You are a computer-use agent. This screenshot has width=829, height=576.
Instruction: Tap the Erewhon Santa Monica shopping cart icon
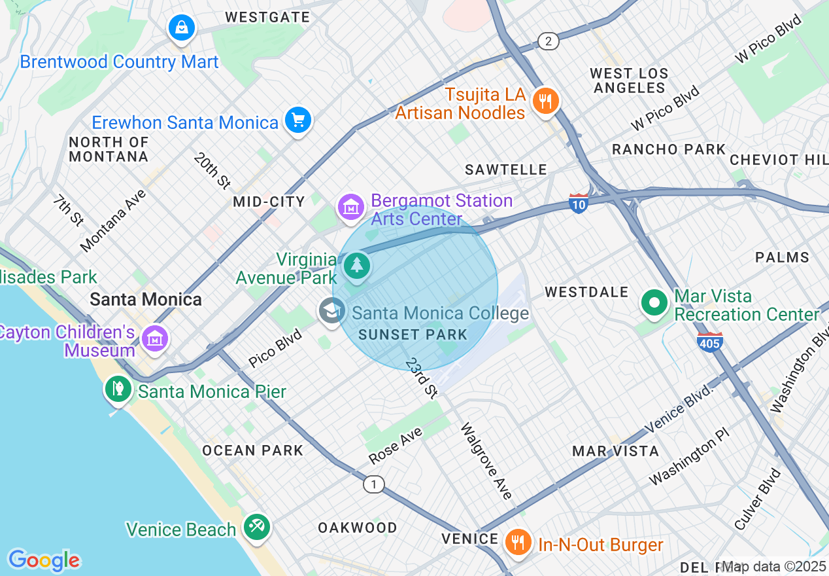pyautogui.click(x=298, y=120)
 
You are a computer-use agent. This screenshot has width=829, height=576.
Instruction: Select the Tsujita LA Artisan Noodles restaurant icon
pyautogui.click(x=544, y=101)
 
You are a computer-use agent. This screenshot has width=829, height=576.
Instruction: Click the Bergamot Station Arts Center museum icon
pyautogui.click(x=351, y=207)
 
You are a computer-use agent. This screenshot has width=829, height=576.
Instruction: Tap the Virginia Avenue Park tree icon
pyautogui.click(x=357, y=266)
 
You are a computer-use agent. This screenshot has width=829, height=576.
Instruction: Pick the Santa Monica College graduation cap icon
pyautogui.click(x=332, y=311)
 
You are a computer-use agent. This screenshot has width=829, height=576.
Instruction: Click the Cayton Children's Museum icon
pyautogui.click(x=155, y=338)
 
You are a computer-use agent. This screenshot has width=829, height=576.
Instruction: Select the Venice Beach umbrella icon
pyautogui.click(x=256, y=526)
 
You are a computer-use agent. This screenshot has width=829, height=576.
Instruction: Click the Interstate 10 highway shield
pyautogui.click(x=579, y=203)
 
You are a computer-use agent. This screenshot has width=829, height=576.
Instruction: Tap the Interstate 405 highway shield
pyautogui.click(x=710, y=342)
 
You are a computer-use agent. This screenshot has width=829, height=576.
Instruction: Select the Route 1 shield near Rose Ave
pyautogui.click(x=374, y=484)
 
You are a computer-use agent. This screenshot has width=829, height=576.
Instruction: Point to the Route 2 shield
pyautogui.click(x=549, y=42)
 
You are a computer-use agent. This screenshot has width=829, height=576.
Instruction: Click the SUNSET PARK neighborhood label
pyautogui.click(x=413, y=334)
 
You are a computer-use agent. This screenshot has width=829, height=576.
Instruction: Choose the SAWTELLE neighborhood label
pyautogui.click(x=505, y=170)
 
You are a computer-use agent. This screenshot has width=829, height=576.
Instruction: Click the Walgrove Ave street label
pyautogui.click(x=486, y=461)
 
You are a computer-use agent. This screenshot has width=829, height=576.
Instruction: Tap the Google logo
pyautogui.click(x=44, y=560)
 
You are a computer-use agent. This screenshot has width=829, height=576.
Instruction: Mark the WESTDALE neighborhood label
pyautogui.click(x=586, y=292)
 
